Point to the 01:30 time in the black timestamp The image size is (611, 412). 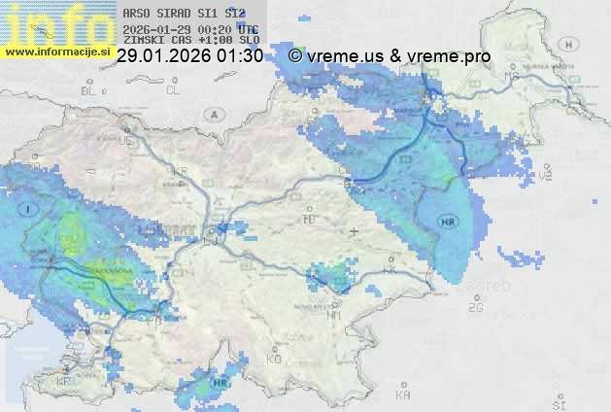[241, 56]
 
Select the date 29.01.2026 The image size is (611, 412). [165, 56]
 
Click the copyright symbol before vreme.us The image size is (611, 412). [295, 56]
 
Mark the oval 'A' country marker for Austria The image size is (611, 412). [212, 114]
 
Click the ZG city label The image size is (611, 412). [475, 308]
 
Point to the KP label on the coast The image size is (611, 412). [64, 381]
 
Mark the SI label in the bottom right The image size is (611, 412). [558, 402]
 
